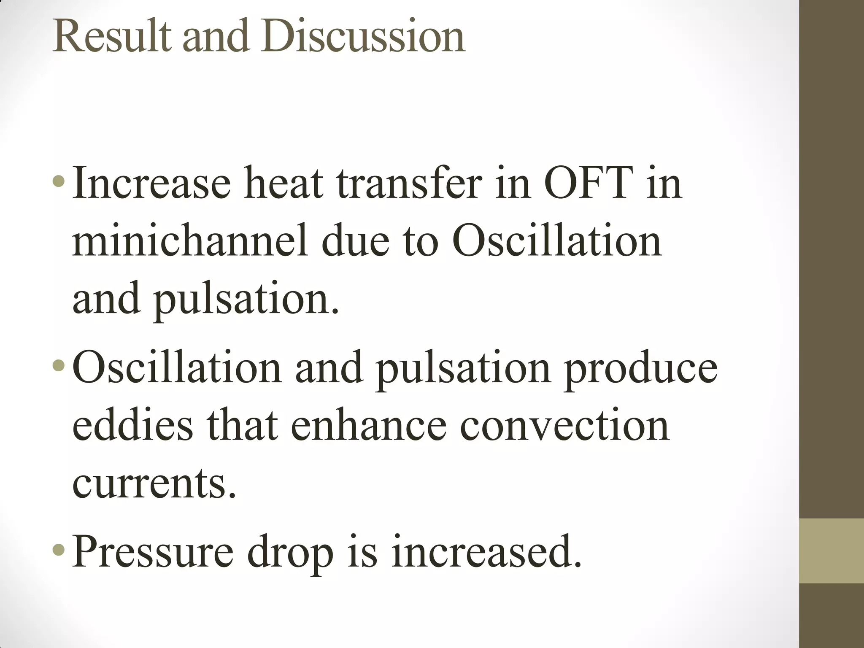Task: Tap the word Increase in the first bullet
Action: click(x=151, y=183)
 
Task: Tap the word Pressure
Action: click(x=152, y=552)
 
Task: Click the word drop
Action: click(x=290, y=552)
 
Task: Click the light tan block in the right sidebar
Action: click(x=832, y=551)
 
